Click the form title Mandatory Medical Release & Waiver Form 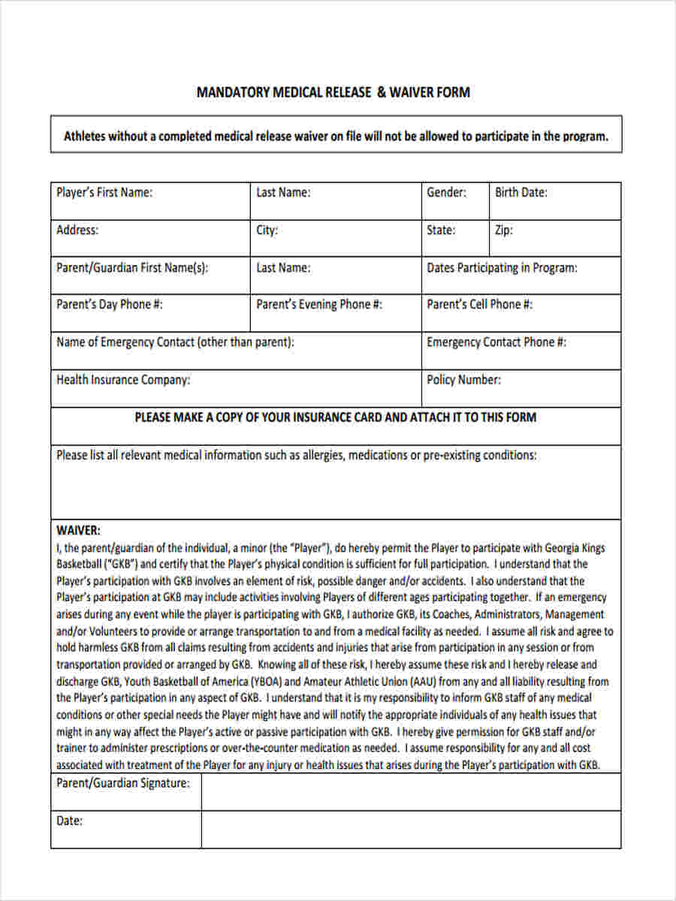pyautogui.click(x=333, y=92)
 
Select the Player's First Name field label pyautogui.click(x=104, y=192)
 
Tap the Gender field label pyautogui.click(x=446, y=192)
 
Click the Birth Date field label pyautogui.click(x=521, y=192)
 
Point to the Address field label pyautogui.click(x=77, y=230)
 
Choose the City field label pyautogui.click(x=267, y=230)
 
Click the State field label pyautogui.click(x=441, y=230)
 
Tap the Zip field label pyautogui.click(x=503, y=230)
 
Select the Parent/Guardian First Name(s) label pyautogui.click(x=132, y=267)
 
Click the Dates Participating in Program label pyautogui.click(x=502, y=267)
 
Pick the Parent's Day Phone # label pyautogui.click(x=110, y=304)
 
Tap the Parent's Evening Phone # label pyautogui.click(x=319, y=304)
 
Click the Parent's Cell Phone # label pyautogui.click(x=479, y=304)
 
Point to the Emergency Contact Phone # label pyautogui.click(x=496, y=342)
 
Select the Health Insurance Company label pyautogui.click(x=123, y=379)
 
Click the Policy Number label pyautogui.click(x=463, y=379)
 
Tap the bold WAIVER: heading pyautogui.click(x=78, y=530)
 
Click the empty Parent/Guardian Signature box pyautogui.click(x=411, y=792)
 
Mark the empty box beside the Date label pyautogui.click(x=411, y=829)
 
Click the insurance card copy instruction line pyautogui.click(x=335, y=417)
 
